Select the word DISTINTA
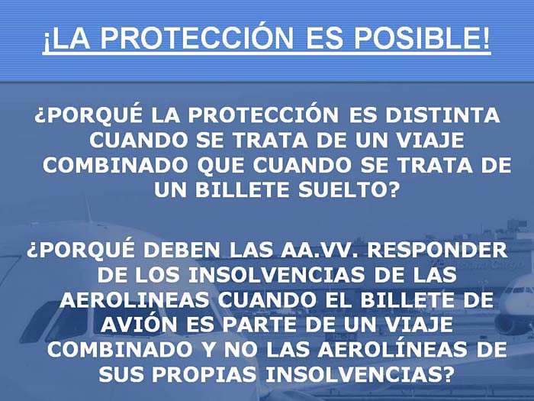coord(442,115)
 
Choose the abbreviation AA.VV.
coord(319,250)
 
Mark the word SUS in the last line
coord(121,374)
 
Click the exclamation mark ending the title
coord(485,37)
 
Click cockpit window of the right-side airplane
coord(519,290)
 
